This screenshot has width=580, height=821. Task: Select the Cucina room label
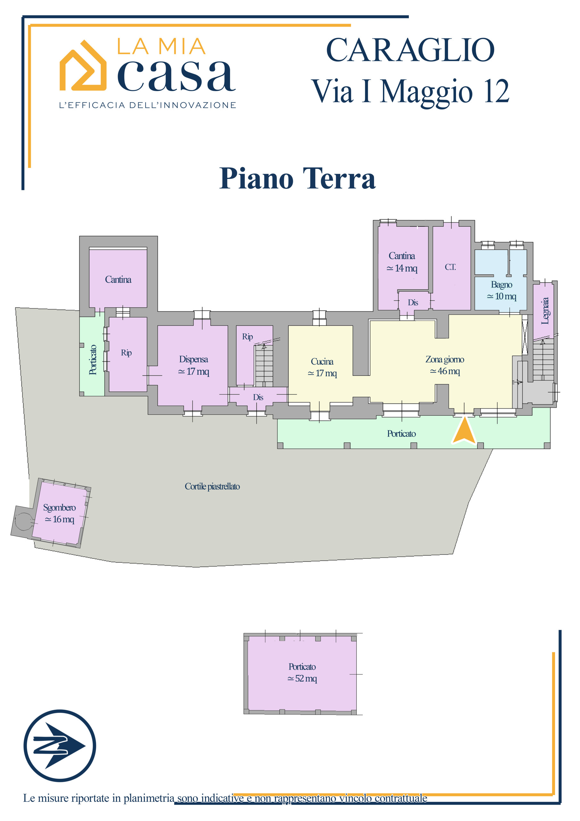click(322, 361)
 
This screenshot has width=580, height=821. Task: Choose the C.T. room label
click(450, 267)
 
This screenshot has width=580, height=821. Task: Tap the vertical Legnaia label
click(545, 311)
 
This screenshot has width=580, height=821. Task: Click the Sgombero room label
click(59, 508)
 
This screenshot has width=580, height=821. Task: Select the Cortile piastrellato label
click(212, 486)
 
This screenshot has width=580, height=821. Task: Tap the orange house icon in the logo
click(83, 65)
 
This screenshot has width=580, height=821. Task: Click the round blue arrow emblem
click(60, 746)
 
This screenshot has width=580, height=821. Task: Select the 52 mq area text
click(302, 678)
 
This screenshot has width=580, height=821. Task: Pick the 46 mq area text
click(445, 371)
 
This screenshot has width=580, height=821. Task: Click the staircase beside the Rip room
click(264, 365)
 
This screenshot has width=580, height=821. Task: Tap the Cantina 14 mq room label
click(402, 262)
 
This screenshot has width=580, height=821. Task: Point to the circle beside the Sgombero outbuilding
click(23, 521)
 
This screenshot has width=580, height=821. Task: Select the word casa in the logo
click(177, 75)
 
